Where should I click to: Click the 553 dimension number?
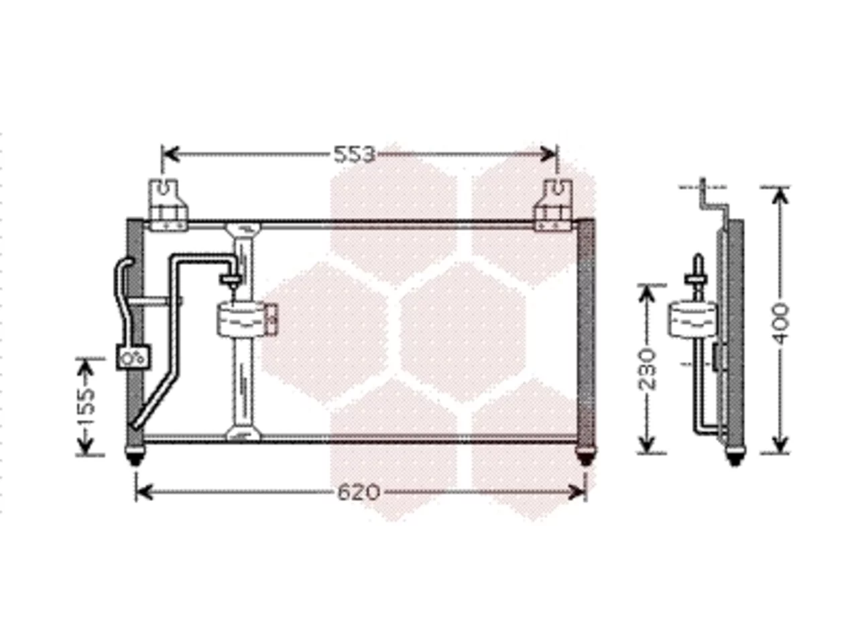(355, 154)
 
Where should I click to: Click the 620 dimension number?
(359, 492)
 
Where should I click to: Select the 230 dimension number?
(648, 370)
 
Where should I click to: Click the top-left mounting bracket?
(168, 205)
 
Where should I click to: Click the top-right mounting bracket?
(555, 205)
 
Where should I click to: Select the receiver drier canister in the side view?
(692, 319)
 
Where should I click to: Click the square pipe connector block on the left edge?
(133, 357)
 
